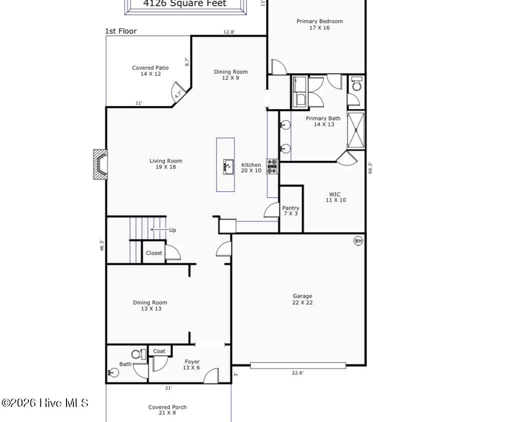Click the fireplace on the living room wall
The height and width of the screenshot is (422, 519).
coord(100,164)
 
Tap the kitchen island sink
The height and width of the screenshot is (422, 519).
coord(228,166)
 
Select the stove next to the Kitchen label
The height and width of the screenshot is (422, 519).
coord(272,166)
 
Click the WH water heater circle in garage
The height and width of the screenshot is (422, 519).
coord(358,241)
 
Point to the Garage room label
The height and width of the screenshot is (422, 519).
coord(302,299)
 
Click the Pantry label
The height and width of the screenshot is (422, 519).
coord(290,210)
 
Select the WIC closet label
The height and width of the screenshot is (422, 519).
coord(335,197)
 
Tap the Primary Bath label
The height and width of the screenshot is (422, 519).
coord(323,121)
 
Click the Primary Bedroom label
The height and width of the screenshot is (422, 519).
coord(319,24)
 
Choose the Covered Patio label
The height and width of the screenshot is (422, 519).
coord(150,71)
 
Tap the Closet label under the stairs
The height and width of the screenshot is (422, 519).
coord(154,253)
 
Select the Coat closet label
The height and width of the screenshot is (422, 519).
coord(159,351)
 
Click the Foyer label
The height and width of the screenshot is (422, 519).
coord(192,364)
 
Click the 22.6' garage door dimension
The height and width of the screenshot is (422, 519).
coord(298,372)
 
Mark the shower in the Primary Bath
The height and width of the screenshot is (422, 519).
coord(356,131)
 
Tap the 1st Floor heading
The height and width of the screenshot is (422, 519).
coord(120,31)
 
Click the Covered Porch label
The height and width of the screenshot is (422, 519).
coord(167,409)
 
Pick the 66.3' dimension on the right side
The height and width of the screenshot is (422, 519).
coord(370,168)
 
